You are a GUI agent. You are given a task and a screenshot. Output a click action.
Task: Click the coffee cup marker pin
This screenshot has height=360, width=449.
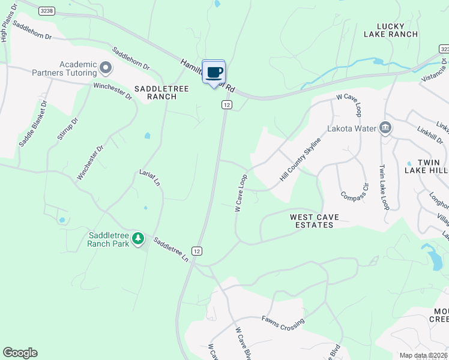(x=214, y=73)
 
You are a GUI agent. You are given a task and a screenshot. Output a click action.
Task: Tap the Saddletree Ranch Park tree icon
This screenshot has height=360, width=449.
(x=139, y=239)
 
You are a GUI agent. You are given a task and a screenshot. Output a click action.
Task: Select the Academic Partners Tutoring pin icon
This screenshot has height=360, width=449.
(x=106, y=68)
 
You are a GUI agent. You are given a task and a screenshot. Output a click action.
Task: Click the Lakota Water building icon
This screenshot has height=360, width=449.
(x=385, y=128)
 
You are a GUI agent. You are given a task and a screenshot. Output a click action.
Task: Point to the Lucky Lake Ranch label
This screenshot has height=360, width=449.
(x=390, y=30)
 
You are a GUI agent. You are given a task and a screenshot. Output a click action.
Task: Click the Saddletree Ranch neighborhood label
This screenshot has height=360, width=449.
(x=161, y=92)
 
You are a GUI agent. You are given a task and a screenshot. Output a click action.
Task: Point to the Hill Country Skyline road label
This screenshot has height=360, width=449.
(x=300, y=160)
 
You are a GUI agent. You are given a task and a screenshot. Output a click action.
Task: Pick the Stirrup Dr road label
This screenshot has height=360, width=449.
(x=68, y=129)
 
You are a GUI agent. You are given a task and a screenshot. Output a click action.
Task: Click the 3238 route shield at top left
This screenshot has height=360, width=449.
(x=47, y=11)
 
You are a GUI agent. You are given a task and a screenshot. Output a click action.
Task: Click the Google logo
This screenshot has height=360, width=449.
(x=20, y=353)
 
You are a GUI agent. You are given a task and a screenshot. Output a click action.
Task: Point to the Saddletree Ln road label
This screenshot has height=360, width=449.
(x=170, y=250)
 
